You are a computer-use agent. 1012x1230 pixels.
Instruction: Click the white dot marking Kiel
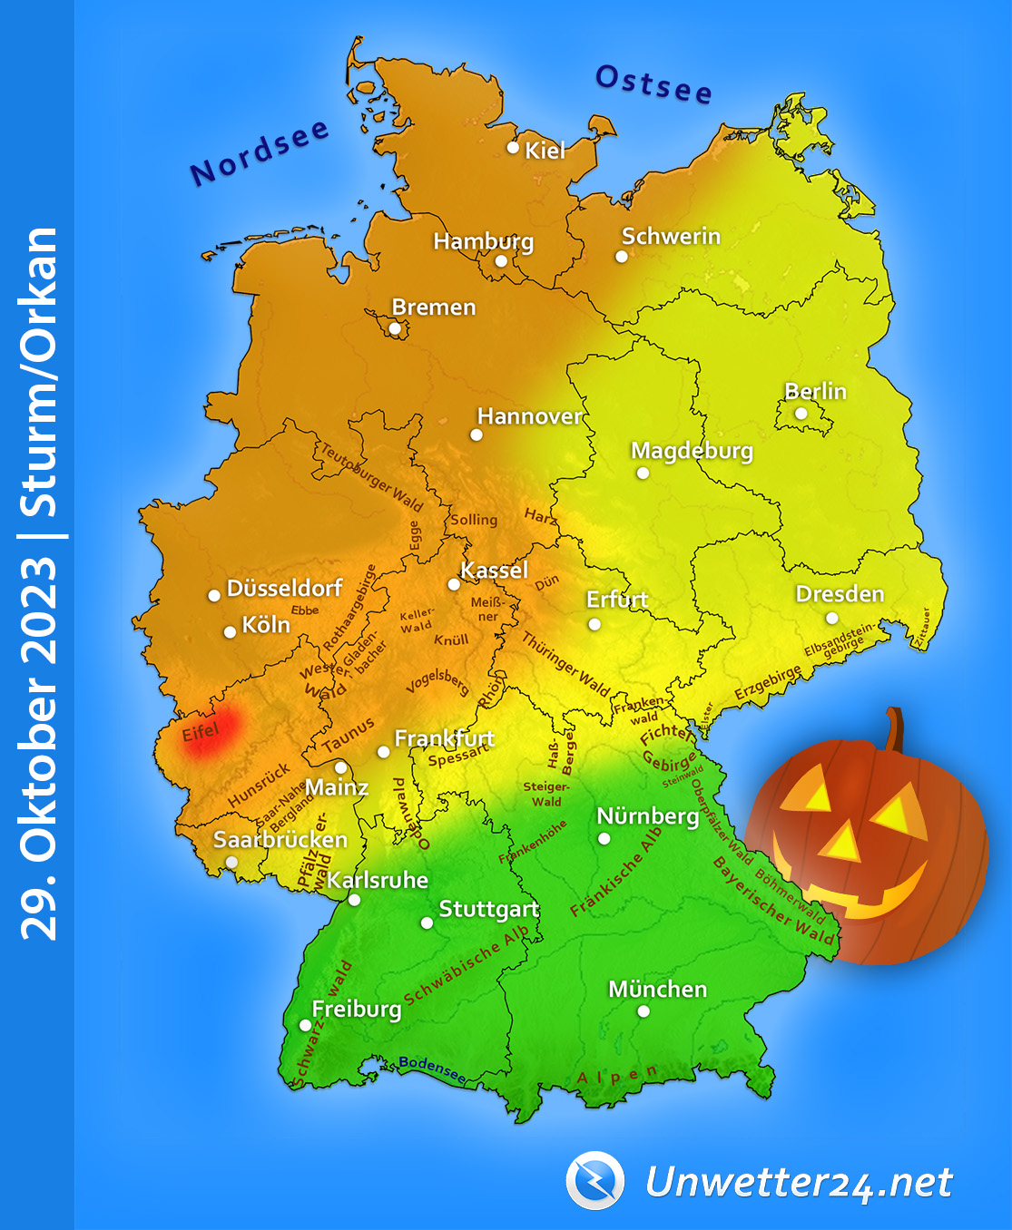(x=513, y=147)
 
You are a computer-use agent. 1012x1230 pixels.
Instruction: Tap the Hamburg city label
(x=483, y=241)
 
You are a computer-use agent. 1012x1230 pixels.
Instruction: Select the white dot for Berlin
(x=801, y=414)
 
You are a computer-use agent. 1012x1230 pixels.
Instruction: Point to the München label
(x=657, y=989)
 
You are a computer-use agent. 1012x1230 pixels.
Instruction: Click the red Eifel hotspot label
(x=201, y=731)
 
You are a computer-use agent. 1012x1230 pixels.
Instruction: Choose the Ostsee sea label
(x=653, y=84)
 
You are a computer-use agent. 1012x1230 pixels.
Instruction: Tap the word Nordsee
(x=260, y=151)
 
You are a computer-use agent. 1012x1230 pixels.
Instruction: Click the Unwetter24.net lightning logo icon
(x=594, y=1180)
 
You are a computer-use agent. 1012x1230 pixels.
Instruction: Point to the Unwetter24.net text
(x=799, y=1182)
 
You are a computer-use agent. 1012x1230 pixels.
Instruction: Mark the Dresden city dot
(x=831, y=619)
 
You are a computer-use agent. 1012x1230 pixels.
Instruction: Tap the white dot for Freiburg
(x=305, y=1025)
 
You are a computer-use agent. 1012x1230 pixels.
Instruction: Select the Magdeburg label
(x=692, y=451)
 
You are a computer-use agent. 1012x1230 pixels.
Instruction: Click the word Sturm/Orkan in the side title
(x=40, y=371)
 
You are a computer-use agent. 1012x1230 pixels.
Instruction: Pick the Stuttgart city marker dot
(x=427, y=922)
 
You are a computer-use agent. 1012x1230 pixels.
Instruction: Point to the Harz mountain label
(x=540, y=516)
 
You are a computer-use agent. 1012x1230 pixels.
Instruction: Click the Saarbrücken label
(x=280, y=839)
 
